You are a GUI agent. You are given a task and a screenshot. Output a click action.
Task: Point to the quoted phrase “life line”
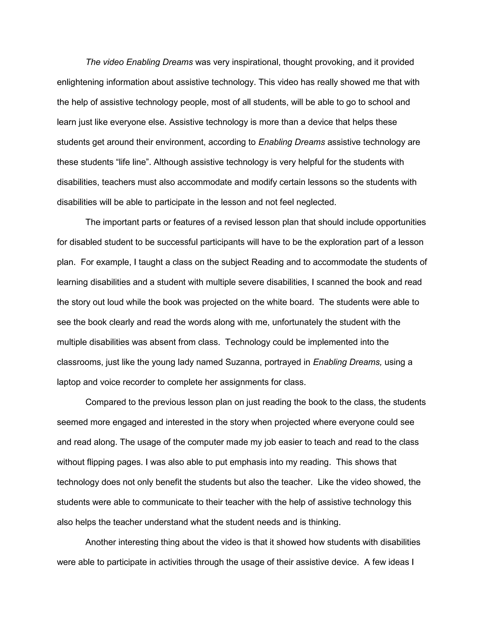point(133,162)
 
